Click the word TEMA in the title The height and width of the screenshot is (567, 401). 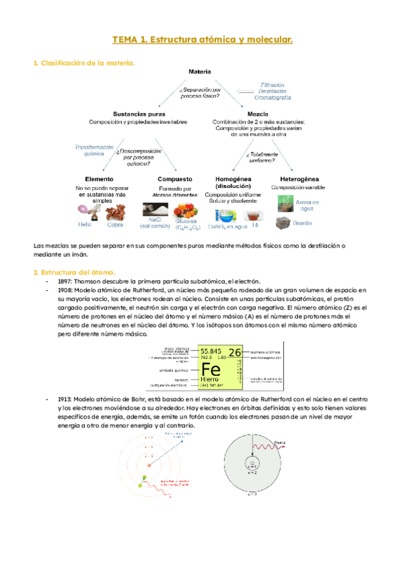(x=126, y=41)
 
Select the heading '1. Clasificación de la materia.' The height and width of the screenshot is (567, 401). (x=84, y=63)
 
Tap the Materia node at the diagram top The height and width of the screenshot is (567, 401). (x=200, y=72)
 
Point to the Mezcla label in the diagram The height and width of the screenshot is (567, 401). (x=258, y=114)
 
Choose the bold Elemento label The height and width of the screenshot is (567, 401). (x=99, y=179)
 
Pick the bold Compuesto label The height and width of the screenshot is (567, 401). (x=175, y=179)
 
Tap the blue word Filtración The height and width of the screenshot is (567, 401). (x=272, y=85)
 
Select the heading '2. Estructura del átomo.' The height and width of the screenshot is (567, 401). (x=75, y=272)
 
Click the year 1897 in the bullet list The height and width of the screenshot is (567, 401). (x=56, y=281)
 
